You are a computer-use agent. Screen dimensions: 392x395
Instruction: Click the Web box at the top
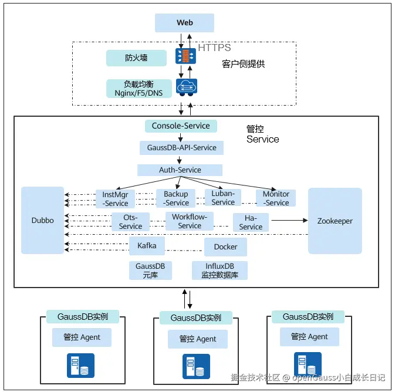click(x=184, y=23)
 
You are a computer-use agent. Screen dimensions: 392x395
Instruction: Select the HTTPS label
click(x=214, y=48)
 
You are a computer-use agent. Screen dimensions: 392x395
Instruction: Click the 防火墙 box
click(x=136, y=58)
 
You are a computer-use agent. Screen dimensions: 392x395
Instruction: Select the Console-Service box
click(x=181, y=126)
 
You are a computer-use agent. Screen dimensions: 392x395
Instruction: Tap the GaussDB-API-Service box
click(x=181, y=147)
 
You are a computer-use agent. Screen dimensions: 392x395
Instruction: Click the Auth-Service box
click(x=180, y=170)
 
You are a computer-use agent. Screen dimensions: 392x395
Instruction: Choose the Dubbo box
click(x=42, y=221)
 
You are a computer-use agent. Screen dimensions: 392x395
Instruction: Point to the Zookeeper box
click(x=335, y=221)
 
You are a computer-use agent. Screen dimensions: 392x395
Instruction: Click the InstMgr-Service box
click(x=115, y=199)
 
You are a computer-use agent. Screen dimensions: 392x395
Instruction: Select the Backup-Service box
click(x=176, y=198)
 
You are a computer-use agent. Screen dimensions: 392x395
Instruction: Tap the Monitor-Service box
click(x=276, y=198)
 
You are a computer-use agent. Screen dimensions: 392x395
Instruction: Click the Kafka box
click(x=147, y=246)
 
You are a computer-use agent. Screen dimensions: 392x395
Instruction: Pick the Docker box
click(x=225, y=247)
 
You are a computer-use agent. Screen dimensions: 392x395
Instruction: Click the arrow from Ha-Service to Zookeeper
click(x=288, y=221)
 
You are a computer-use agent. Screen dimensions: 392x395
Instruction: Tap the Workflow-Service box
click(x=190, y=221)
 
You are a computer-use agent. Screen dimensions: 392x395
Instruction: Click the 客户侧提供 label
click(x=244, y=63)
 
